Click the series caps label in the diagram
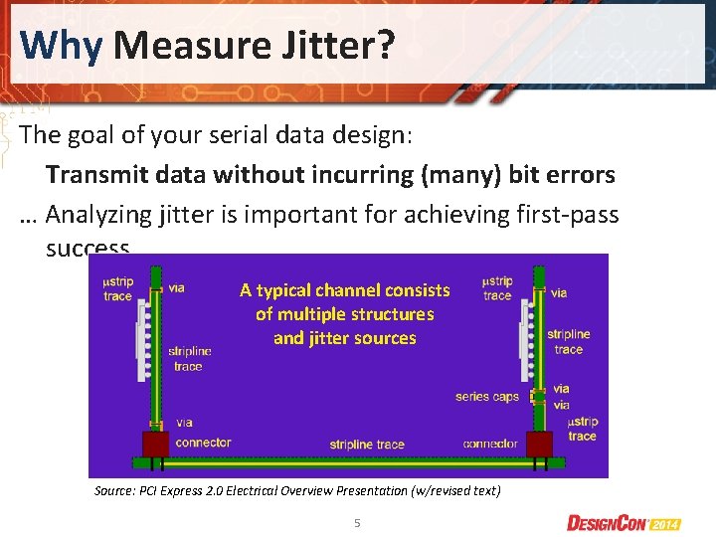487,397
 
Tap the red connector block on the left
155,443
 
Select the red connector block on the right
539,443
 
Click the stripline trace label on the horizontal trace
367,444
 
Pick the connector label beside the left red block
203,443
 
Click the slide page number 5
357,522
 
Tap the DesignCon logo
624,522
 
